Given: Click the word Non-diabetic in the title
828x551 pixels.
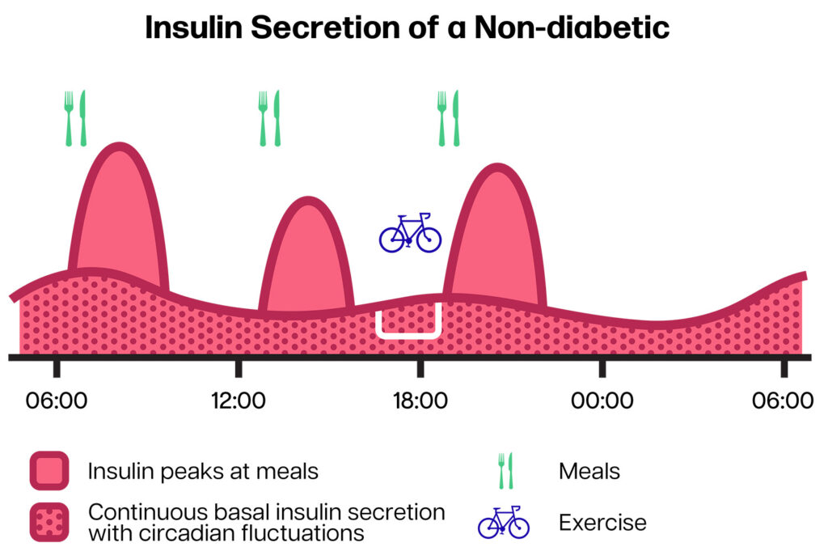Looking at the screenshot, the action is tap(572, 28).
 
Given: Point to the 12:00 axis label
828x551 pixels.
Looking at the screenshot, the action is tap(239, 401).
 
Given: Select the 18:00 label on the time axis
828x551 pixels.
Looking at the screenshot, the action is tap(420, 401).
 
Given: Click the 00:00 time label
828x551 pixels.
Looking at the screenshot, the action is tap(602, 401).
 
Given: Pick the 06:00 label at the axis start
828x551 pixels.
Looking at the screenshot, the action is tap(57, 401).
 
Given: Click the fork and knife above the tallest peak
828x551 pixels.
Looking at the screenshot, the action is tap(75, 118).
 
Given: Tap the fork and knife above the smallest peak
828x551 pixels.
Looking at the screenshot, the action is tap(269, 118).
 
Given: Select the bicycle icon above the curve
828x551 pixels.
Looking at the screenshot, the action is tap(410, 232).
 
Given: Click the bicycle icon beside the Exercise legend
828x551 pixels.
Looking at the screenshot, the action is tap(503, 522).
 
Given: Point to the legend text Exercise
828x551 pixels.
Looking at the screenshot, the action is tap(602, 523).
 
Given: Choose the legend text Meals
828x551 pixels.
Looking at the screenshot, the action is tap(589, 471).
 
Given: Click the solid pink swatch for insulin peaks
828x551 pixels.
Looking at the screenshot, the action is tap(49, 471).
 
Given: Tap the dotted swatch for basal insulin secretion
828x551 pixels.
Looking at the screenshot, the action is tap(49, 523).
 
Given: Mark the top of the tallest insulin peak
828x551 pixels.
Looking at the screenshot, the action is tap(120, 146).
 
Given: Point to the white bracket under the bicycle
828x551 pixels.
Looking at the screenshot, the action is tap(408, 335).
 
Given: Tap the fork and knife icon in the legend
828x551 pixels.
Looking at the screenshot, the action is tap(505, 471).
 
